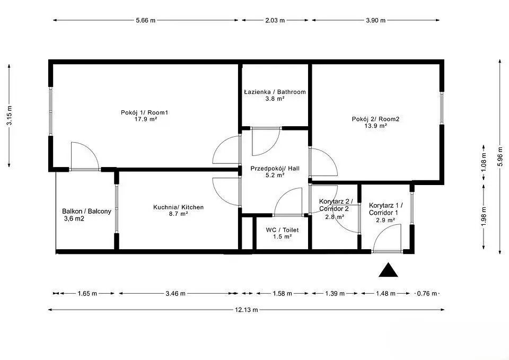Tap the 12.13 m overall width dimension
coord(247,310)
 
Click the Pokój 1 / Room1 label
coord(144,112)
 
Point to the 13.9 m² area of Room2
coord(375,126)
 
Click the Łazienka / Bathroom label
coord(275,92)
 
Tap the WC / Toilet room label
coord(282,230)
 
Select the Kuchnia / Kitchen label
coord(179,207)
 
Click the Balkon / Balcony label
coord(86,211)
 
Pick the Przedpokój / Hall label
coord(275,169)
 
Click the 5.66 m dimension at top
coord(146,20)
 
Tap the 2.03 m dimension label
coord(275,20)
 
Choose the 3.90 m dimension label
coord(376,20)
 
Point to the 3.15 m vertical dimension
coord(10,116)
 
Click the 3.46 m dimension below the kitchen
coord(175,293)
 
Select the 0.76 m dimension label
coord(427,293)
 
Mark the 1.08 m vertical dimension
coord(484,162)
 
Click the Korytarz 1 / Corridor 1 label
coord(385,209)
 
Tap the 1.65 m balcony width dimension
coord(87,293)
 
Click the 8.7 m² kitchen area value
coord(179,214)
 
